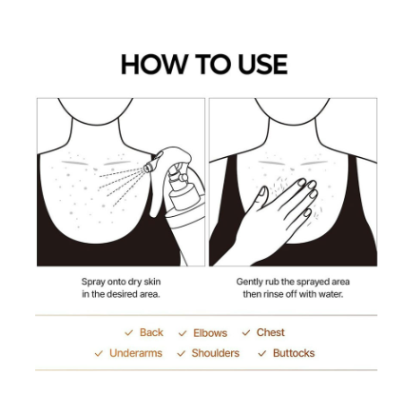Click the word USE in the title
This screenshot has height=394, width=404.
pyautogui.click(x=262, y=65)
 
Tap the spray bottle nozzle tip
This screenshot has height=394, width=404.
pyautogui.click(x=146, y=168)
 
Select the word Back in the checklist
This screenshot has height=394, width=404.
pyautogui.click(x=151, y=332)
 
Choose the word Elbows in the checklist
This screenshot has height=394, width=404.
pyautogui.click(x=210, y=333)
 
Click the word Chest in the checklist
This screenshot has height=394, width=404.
pyautogui.click(x=270, y=332)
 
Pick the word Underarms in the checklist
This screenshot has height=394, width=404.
pyautogui.click(x=136, y=353)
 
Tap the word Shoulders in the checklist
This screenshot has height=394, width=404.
pyautogui.click(x=216, y=353)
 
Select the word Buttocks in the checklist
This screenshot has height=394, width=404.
pyautogui.click(x=294, y=353)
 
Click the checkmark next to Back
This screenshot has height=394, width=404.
pyautogui.click(x=128, y=333)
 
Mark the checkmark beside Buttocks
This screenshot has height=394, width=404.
pyautogui.click(x=262, y=353)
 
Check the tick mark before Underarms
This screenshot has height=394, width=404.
pyautogui.click(x=99, y=353)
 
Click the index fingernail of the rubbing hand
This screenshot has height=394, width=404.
pyautogui.click(x=301, y=182)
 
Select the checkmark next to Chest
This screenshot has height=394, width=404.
pyautogui.click(x=246, y=333)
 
